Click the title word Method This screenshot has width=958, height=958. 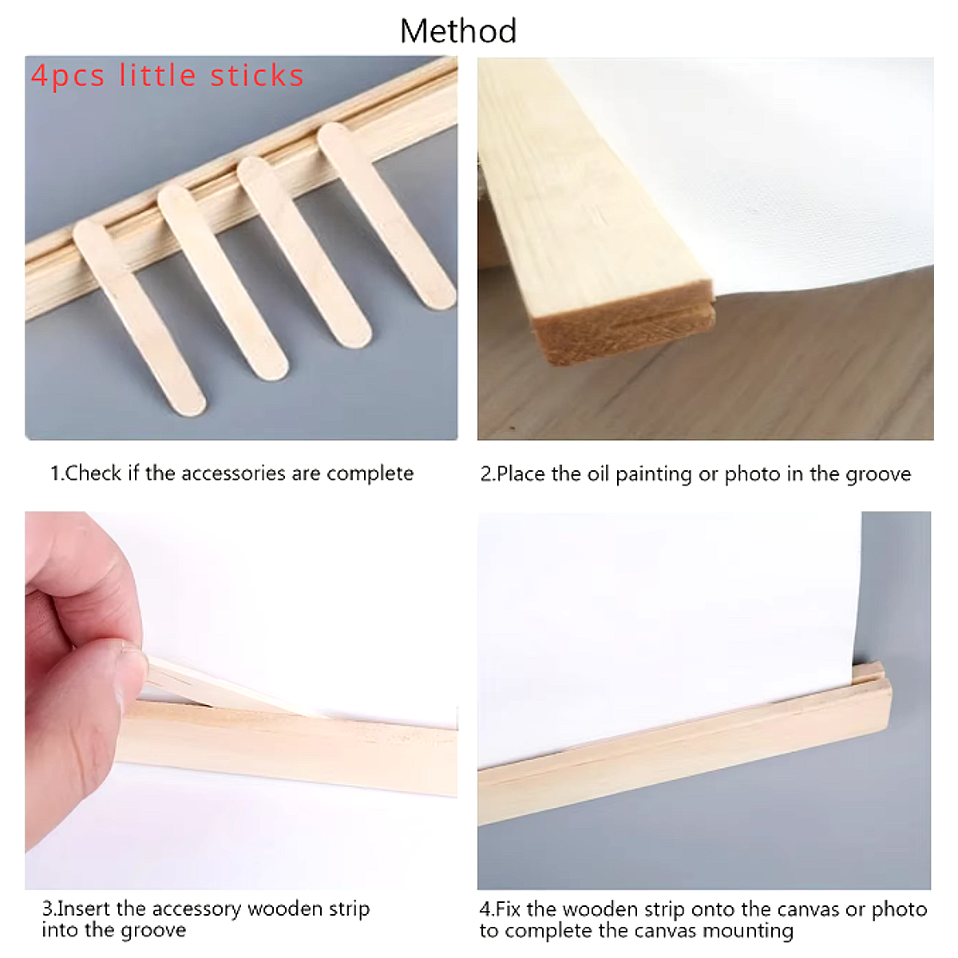click(x=458, y=31)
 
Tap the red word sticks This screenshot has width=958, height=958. click(x=256, y=76)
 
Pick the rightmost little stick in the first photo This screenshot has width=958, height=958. click(x=386, y=215)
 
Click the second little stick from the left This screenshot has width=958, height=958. click(x=222, y=282)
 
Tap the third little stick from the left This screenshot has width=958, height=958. click(x=303, y=251)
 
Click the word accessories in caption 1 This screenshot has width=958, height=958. click(x=233, y=473)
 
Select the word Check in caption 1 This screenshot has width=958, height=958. click(x=93, y=473)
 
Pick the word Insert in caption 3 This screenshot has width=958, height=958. click(x=84, y=909)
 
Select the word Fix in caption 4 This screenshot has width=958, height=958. click(x=509, y=909)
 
